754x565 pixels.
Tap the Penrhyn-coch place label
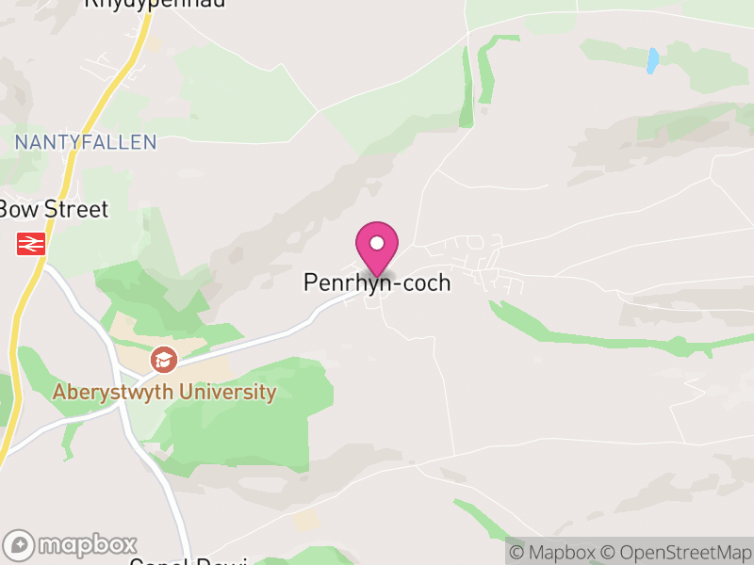click(x=377, y=282)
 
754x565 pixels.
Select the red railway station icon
click(x=30, y=244)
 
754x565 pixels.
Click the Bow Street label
click(x=54, y=209)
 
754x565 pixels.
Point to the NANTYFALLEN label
click(x=86, y=142)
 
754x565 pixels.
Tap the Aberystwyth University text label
click(x=165, y=393)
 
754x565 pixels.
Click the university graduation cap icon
click(x=164, y=359)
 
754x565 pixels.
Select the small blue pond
click(x=651, y=61)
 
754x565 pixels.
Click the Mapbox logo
click(x=71, y=545)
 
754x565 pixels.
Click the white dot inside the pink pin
click(x=377, y=243)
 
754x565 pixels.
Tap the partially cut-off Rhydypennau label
click(x=156, y=4)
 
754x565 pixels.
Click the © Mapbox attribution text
click(x=553, y=552)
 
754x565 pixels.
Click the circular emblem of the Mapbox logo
click(x=19, y=545)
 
